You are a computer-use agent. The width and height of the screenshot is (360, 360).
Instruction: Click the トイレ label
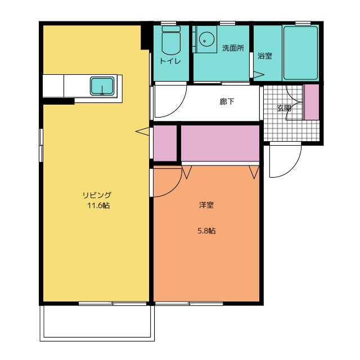click(x=170, y=61)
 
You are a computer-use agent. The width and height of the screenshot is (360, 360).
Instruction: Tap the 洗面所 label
click(x=233, y=48)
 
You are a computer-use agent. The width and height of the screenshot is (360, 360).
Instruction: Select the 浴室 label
click(x=265, y=56)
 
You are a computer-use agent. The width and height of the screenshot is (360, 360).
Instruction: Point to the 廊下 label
click(x=227, y=101)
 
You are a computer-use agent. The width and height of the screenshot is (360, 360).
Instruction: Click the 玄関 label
click(x=284, y=108)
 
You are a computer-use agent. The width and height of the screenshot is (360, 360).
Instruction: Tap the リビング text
click(x=97, y=195)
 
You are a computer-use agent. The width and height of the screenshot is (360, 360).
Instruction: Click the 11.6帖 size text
click(x=98, y=205)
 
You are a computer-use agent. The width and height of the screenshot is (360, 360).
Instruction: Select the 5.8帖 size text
click(x=206, y=231)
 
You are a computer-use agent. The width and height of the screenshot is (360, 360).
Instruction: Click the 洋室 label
click(x=206, y=205)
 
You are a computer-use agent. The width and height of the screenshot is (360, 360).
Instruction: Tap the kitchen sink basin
click(x=102, y=86)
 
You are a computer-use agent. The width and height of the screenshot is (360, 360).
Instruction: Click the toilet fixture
click(x=171, y=40)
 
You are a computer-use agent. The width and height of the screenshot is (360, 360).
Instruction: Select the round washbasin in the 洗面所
click(x=206, y=39)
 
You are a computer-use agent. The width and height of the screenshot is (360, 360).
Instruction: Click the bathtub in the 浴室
click(x=300, y=53)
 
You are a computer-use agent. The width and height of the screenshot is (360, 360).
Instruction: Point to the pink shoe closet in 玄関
click(x=312, y=102)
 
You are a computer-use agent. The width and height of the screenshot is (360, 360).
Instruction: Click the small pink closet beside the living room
click(x=165, y=143)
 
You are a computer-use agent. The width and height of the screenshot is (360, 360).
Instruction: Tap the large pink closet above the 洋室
click(x=220, y=143)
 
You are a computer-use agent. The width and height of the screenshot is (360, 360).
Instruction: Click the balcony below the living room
click(x=97, y=323)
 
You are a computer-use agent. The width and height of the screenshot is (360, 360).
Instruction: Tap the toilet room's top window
click(x=168, y=23)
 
